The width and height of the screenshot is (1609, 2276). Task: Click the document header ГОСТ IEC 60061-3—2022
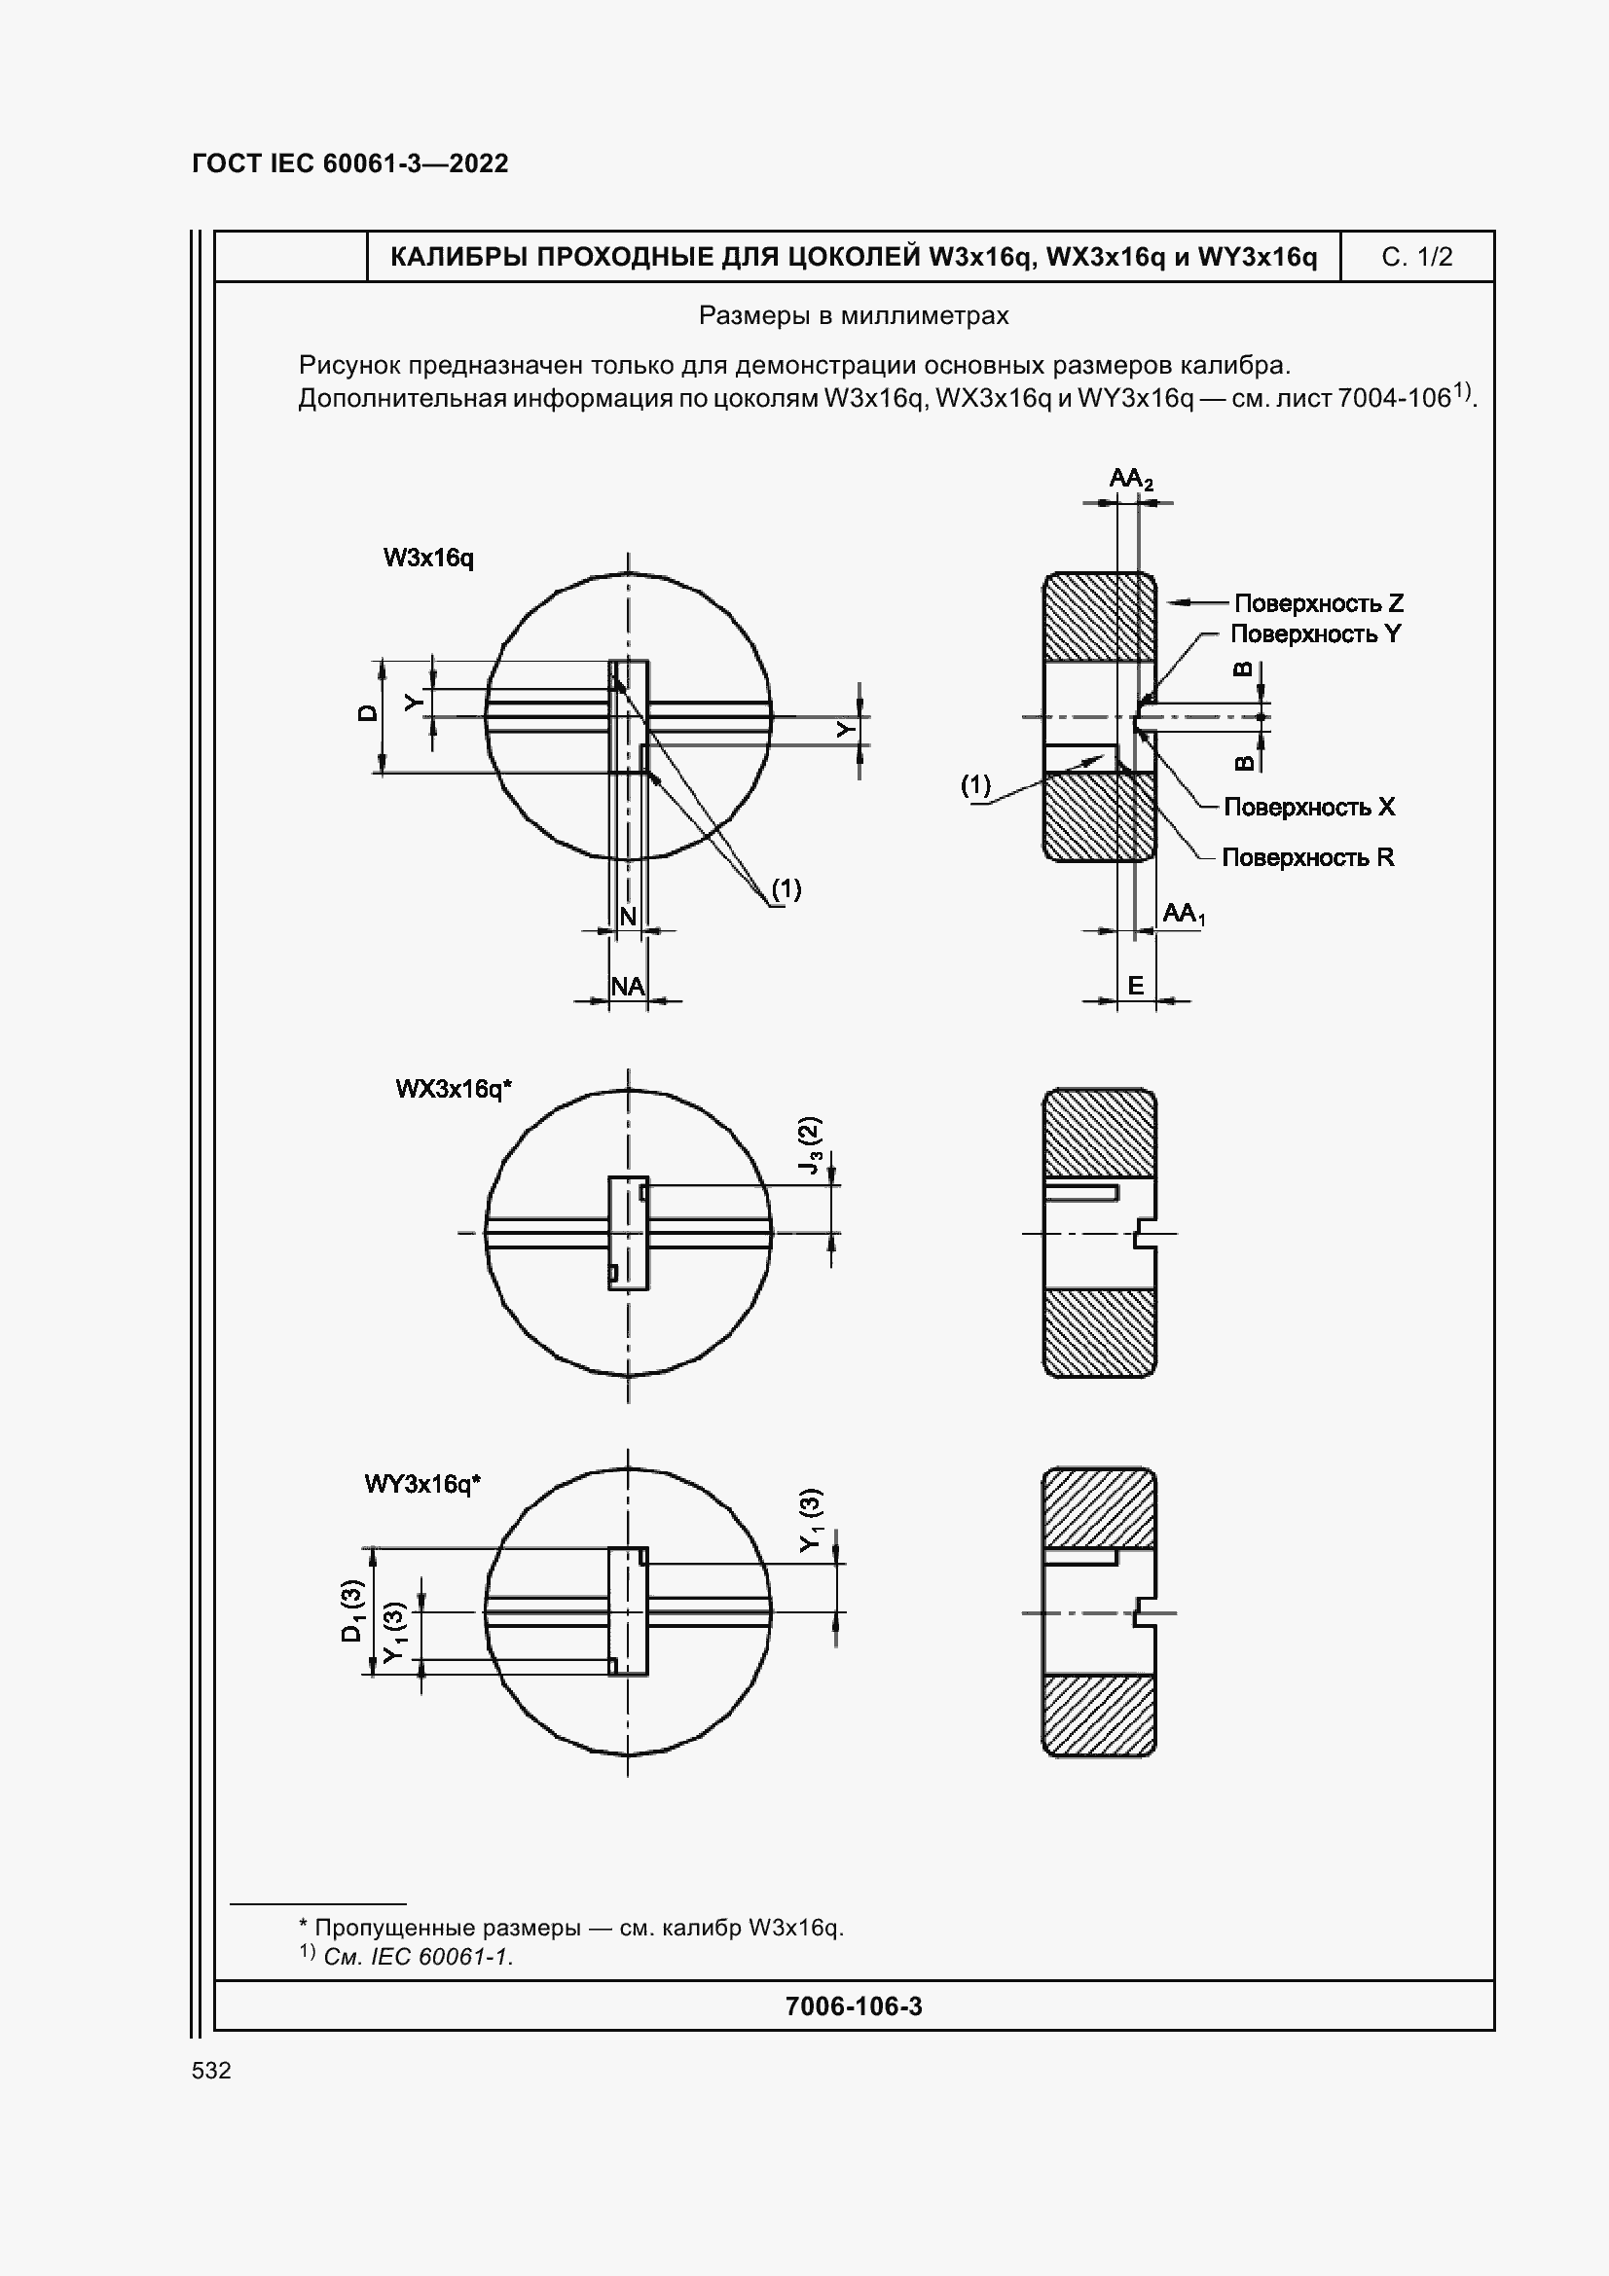[x=350, y=163]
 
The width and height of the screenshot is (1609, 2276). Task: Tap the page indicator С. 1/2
[x=1416, y=258]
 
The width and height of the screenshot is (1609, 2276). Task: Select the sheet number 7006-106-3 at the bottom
[x=854, y=2006]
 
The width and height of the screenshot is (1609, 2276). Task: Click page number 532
[x=211, y=2070]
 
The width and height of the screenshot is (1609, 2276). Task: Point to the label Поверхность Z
[x=1319, y=602]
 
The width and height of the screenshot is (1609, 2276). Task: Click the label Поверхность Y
[x=1316, y=633]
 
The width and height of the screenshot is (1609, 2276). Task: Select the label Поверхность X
[x=1308, y=807]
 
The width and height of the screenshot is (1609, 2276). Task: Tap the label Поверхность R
[x=1307, y=857]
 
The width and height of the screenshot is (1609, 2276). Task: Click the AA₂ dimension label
[x=1130, y=480]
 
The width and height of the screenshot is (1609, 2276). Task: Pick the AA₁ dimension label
[x=1184, y=914]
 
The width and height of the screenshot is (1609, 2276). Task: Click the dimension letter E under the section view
[x=1136, y=986]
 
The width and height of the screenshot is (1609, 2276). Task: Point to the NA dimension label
[x=628, y=987]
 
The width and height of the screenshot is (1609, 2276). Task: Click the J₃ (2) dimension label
[x=811, y=1146]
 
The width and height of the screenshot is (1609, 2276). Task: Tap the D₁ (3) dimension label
[x=352, y=1610]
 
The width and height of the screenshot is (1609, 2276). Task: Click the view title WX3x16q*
[x=453, y=1090]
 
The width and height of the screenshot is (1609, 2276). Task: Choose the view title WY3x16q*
[x=422, y=1484]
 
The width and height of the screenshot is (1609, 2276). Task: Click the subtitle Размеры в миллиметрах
[x=854, y=316]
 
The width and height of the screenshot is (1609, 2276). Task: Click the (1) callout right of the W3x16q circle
[x=786, y=889]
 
